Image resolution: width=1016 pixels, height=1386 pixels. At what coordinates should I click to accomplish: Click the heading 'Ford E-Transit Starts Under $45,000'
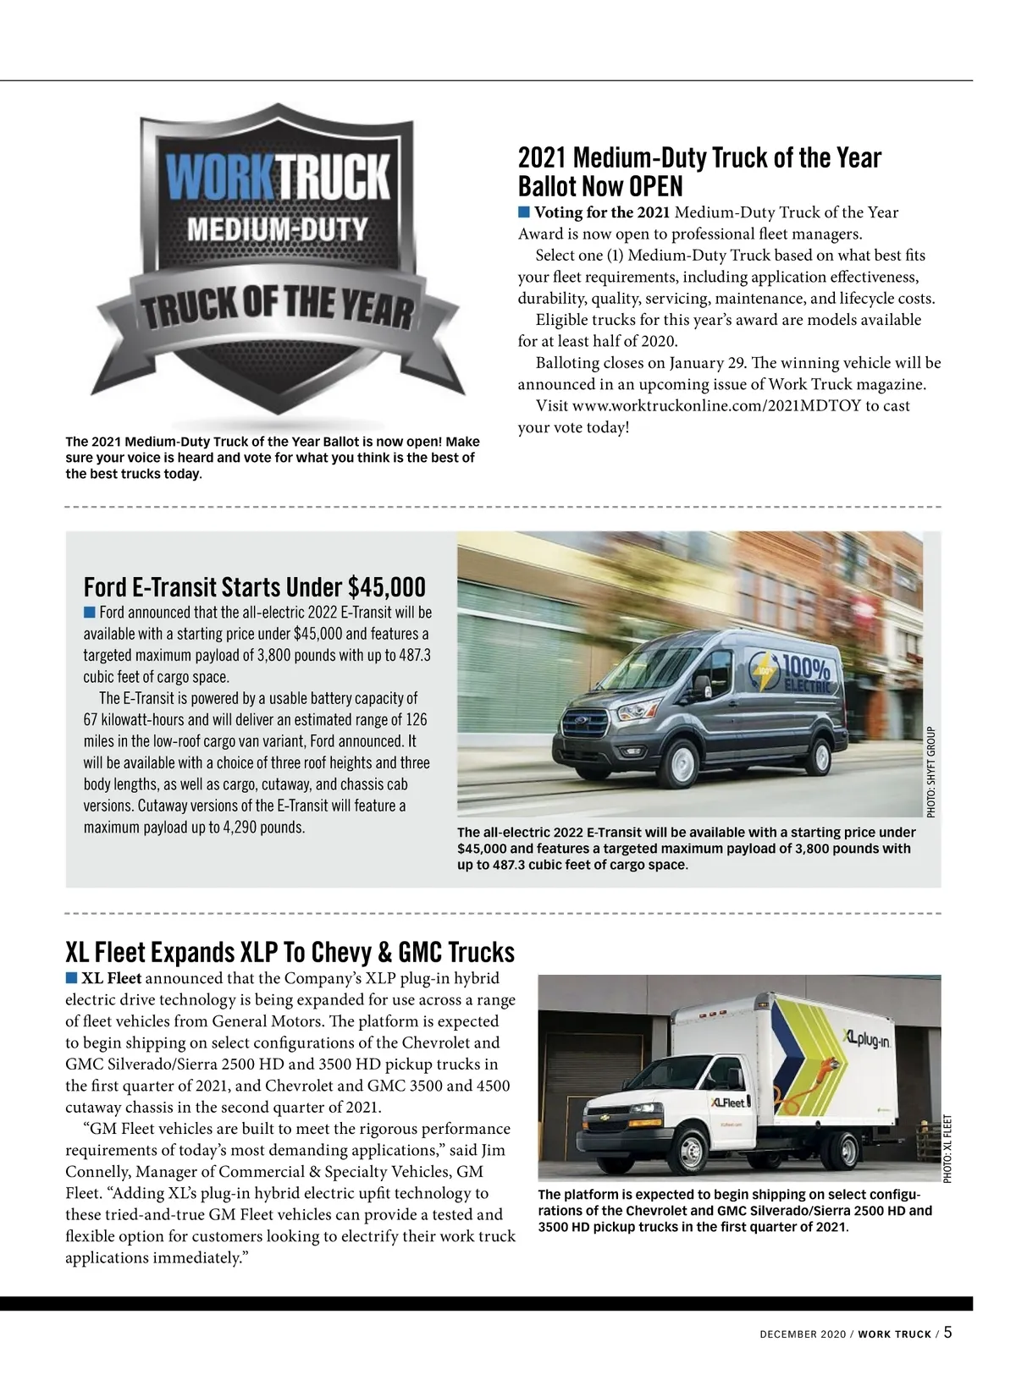tap(254, 586)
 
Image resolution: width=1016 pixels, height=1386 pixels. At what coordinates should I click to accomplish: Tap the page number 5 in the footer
tap(947, 1332)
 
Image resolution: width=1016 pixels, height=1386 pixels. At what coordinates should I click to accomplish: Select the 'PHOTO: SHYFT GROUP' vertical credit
tap(931, 771)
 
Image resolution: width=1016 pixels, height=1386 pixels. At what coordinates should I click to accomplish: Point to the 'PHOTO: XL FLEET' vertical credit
tap(947, 1148)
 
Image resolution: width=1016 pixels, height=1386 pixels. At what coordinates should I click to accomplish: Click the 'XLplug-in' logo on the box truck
tap(865, 1037)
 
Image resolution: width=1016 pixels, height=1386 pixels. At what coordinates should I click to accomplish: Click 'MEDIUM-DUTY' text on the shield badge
tap(277, 229)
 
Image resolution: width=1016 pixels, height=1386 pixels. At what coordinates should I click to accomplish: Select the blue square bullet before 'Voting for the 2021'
tap(524, 212)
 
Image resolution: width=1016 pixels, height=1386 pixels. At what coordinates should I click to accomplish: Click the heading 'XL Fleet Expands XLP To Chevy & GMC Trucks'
tap(290, 952)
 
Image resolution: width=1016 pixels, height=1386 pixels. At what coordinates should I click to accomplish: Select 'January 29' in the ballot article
tap(706, 363)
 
